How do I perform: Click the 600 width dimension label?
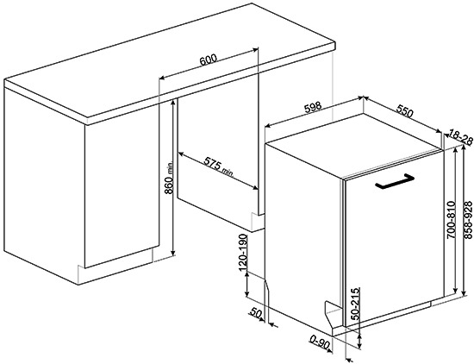pos(209,60)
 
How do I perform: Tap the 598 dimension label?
pos(312,108)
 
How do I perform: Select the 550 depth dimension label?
pos(404,110)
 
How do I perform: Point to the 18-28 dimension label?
pos(461,137)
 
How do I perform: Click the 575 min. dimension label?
pos(219,166)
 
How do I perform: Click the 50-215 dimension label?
pos(357,304)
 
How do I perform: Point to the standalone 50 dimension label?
pos(255,313)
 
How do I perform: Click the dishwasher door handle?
pos(394,181)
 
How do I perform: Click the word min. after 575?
pos(228,172)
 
